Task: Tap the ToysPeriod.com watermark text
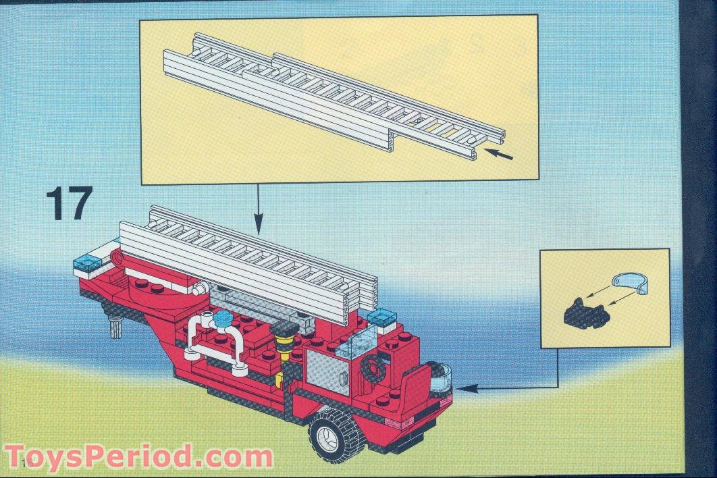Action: coord(138,457)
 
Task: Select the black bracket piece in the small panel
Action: coord(583,311)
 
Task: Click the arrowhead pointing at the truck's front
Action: coord(467,388)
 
